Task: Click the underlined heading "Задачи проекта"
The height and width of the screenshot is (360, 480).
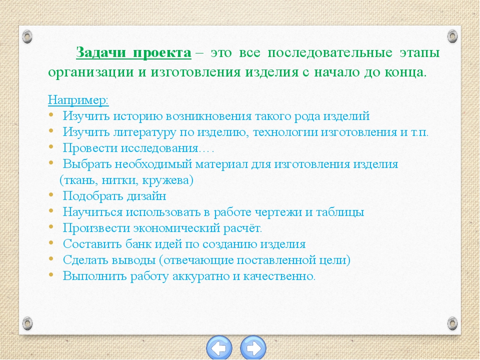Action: coord(133,53)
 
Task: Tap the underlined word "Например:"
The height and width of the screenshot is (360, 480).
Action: coord(78,100)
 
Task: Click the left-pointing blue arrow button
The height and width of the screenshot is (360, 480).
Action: coord(219,348)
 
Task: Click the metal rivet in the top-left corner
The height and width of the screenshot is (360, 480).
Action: coord(27,36)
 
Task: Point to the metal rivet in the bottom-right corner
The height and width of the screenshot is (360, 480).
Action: coord(452,323)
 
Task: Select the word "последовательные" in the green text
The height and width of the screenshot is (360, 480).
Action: coord(329,53)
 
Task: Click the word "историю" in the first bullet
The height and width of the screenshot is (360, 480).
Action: coord(137,116)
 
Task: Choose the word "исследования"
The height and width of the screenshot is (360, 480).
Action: coord(159,148)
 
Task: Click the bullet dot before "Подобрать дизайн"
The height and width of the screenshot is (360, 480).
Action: coord(51,195)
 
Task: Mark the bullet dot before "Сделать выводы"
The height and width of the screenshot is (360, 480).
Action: coord(51,259)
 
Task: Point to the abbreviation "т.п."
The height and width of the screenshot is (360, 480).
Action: coord(419,132)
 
